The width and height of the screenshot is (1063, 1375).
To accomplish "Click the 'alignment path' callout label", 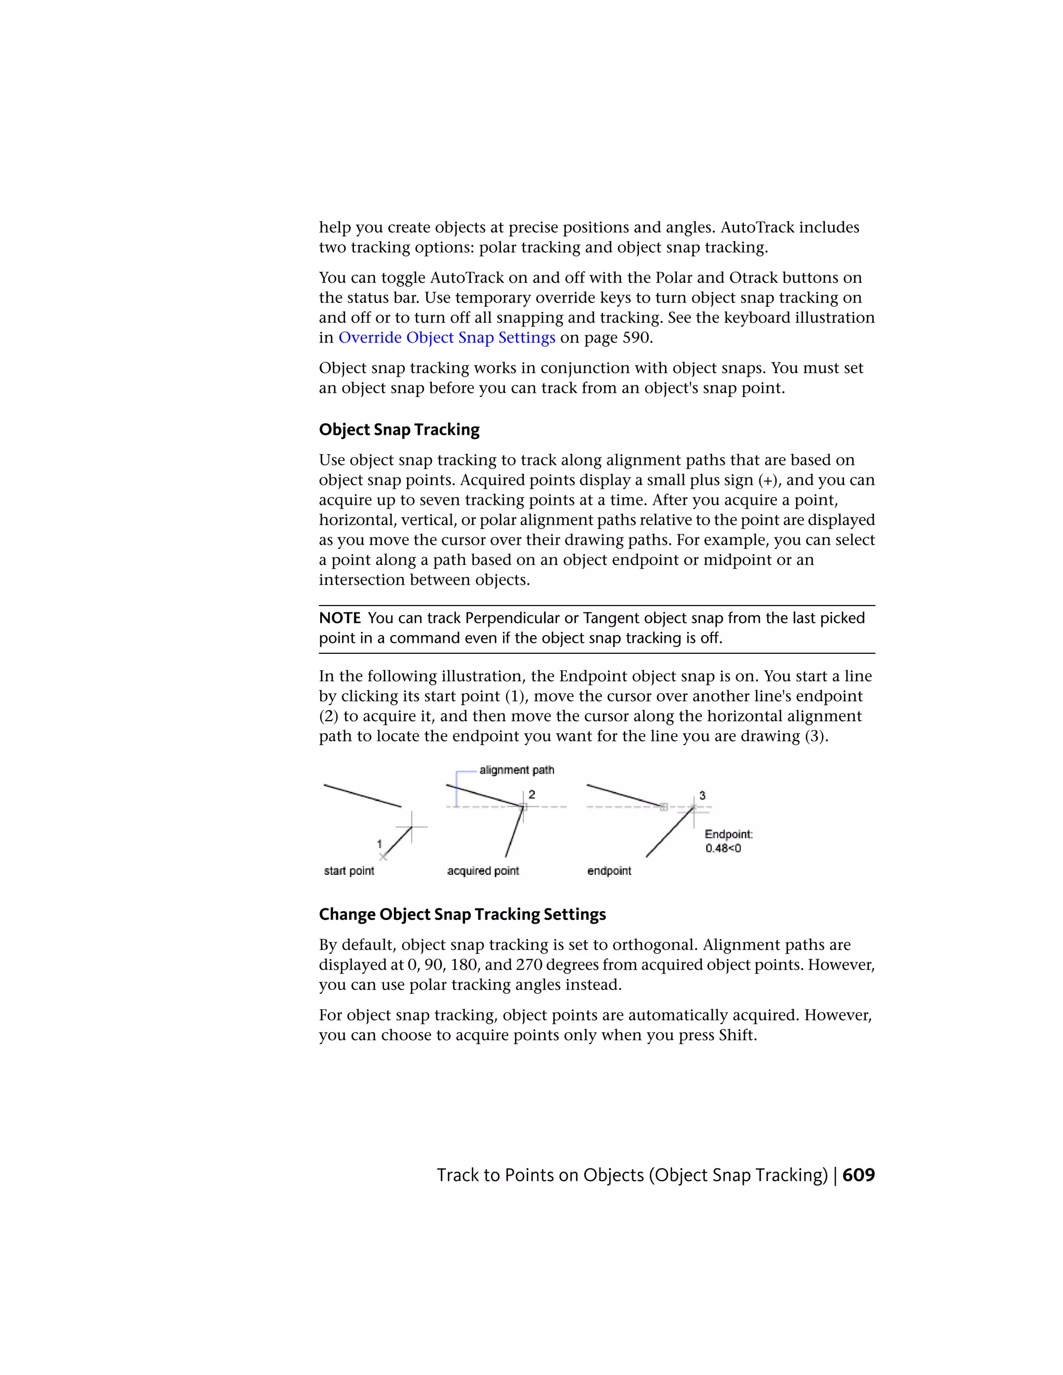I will pyautogui.click(x=516, y=770).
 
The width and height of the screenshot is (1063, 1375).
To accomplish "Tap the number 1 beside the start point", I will pyautogui.click(x=379, y=844).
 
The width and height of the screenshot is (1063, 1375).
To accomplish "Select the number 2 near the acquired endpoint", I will pyautogui.click(x=531, y=794).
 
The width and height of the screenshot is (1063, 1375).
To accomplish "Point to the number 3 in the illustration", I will pyautogui.click(x=702, y=795).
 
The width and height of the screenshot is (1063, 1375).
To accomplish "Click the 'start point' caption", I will pyautogui.click(x=349, y=871).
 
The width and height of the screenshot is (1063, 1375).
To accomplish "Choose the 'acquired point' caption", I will pyautogui.click(x=483, y=871).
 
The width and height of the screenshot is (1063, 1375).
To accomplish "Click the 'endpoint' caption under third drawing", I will pyautogui.click(x=609, y=871).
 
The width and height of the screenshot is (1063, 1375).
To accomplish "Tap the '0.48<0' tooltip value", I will pyautogui.click(x=723, y=848).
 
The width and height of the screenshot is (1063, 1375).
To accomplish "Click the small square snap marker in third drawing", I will pyautogui.click(x=663, y=806).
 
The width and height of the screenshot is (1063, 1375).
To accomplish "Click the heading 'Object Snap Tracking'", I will pyautogui.click(x=399, y=430).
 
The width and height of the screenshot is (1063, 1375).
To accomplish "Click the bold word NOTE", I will pyautogui.click(x=339, y=618).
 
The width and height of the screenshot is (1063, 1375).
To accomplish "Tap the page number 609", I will pyautogui.click(x=858, y=1175).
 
